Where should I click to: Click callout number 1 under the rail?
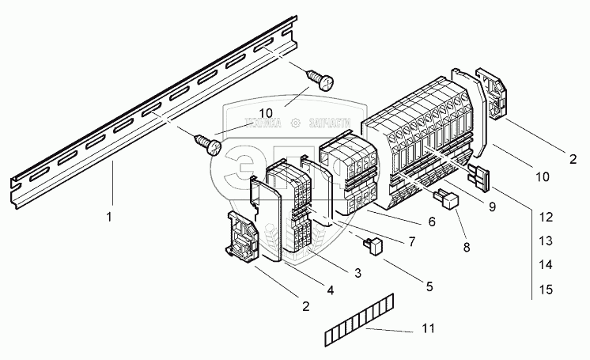pyautogui.click(x=109, y=214)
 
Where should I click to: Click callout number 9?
pyautogui.click(x=491, y=207)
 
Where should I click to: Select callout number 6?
pyautogui.click(x=431, y=222)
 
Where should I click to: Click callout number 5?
pyautogui.click(x=429, y=286)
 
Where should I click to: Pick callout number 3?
pyautogui.click(x=357, y=273)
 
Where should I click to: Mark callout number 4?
pyautogui.click(x=331, y=290)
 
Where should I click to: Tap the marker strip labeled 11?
pyautogui.click(x=359, y=320)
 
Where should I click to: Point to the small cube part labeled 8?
pyautogui.click(x=449, y=201)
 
